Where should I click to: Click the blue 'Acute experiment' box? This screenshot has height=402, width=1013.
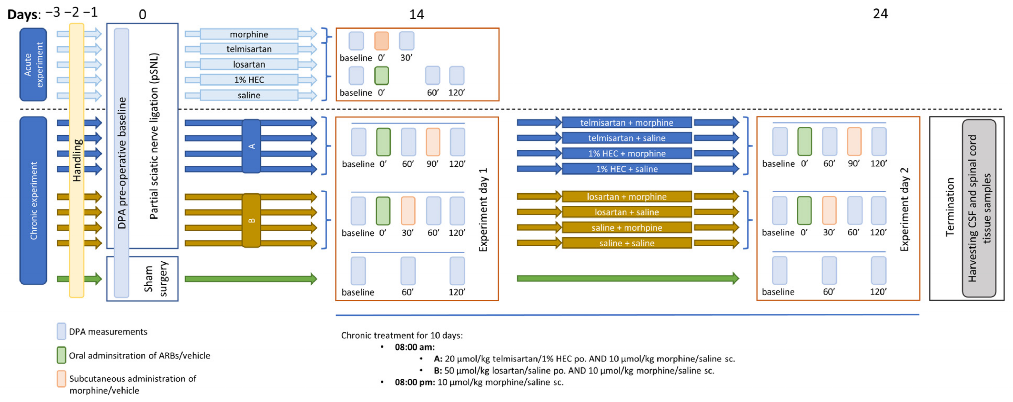pyautogui.click(x=33, y=64)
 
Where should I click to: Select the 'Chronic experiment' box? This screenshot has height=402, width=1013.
pyautogui.click(x=33, y=200)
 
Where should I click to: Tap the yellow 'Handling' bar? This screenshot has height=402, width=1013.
pyautogui.click(x=77, y=160)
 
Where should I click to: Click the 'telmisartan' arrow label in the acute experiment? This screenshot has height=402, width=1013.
pyautogui.click(x=249, y=49)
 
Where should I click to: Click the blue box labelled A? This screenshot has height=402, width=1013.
pyautogui.click(x=251, y=146)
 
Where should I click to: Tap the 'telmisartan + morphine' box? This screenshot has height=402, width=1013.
pyautogui.click(x=627, y=122)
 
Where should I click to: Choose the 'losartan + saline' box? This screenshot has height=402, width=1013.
pyautogui.click(x=627, y=212)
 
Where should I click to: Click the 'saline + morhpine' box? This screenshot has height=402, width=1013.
pyautogui.click(x=627, y=227)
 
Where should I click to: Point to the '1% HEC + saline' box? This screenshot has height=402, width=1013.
pyautogui.click(x=627, y=169)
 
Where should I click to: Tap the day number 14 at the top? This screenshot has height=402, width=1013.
pyautogui.click(x=417, y=14)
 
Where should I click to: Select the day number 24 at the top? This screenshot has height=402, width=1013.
pyautogui.click(x=880, y=14)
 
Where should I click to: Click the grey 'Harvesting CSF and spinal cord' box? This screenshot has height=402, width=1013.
pyautogui.click(x=979, y=208)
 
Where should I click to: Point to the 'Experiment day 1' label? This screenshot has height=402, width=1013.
pyautogui.click(x=483, y=210)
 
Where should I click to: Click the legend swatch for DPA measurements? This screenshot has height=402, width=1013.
pyautogui.click(x=61, y=331)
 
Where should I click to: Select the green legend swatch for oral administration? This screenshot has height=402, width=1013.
pyautogui.click(x=61, y=355)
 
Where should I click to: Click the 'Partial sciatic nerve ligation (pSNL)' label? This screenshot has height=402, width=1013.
pyautogui.click(x=154, y=136)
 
